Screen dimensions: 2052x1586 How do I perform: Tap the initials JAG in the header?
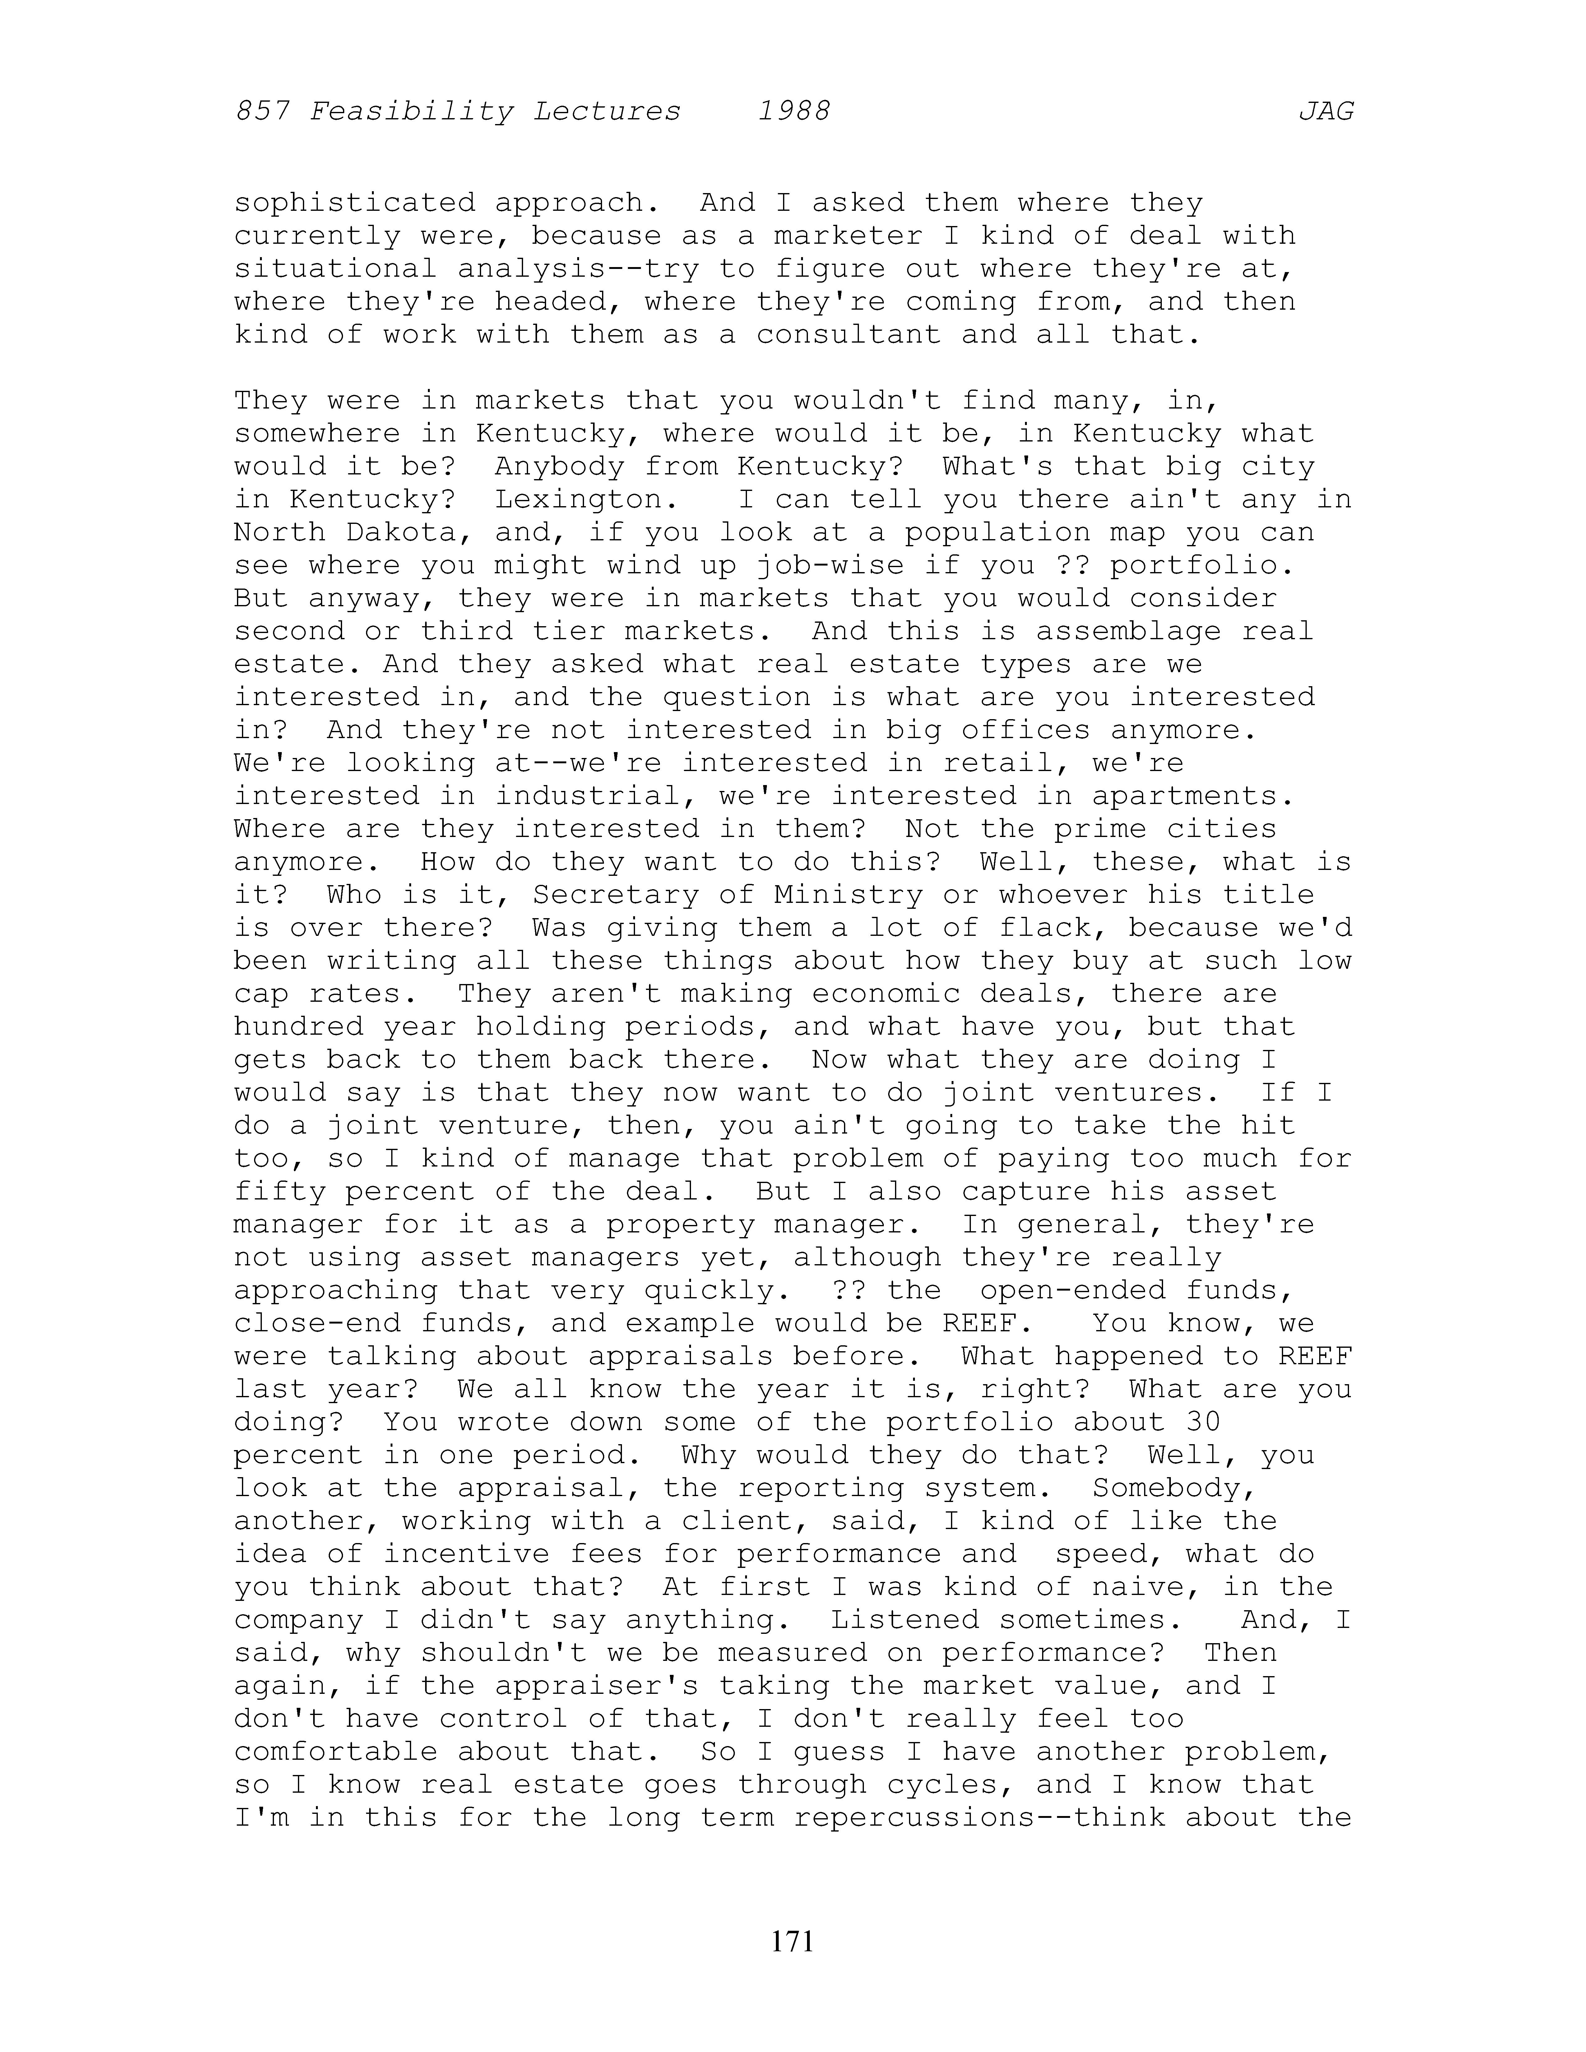(x=1326, y=112)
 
